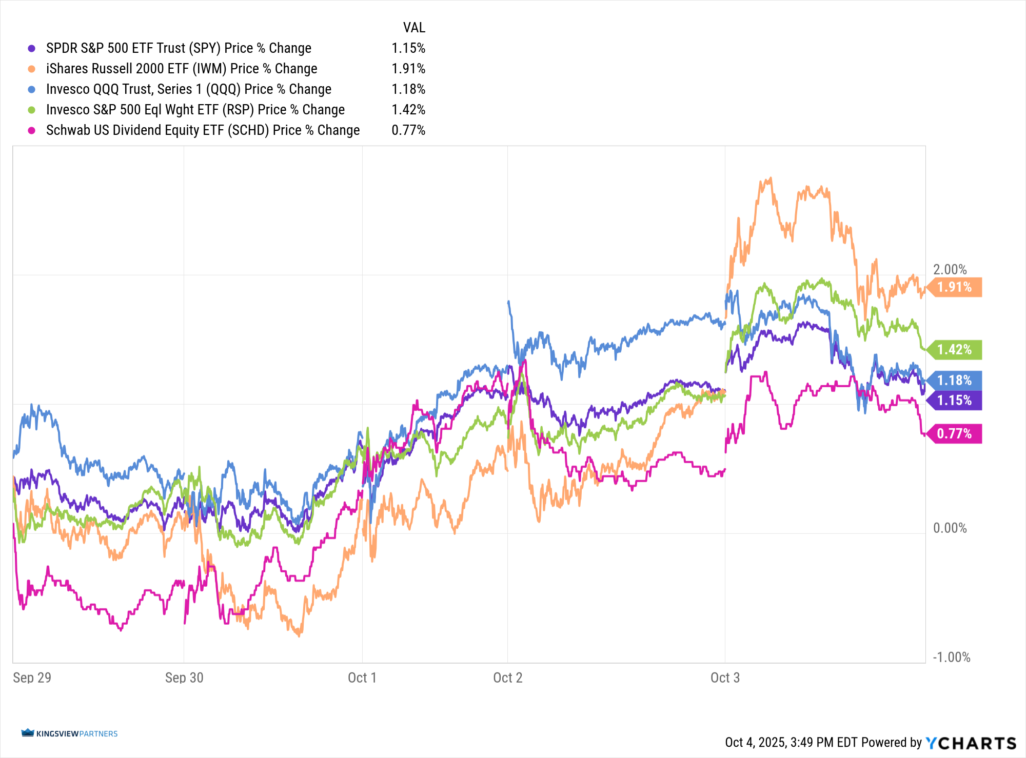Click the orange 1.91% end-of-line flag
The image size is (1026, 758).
click(x=955, y=287)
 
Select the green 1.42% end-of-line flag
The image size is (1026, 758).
click(x=955, y=350)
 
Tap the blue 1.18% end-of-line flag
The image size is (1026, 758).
click(x=955, y=381)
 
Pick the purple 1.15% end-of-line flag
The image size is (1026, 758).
click(x=955, y=401)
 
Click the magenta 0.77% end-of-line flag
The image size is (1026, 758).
click(x=955, y=434)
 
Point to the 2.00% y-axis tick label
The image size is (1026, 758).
click(x=950, y=270)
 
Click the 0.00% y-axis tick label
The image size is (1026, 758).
click(x=950, y=528)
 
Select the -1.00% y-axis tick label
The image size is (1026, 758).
click(x=951, y=657)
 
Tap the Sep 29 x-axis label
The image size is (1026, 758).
click(x=32, y=678)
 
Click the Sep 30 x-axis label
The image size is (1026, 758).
click(x=184, y=678)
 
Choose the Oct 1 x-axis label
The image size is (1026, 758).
click(x=362, y=678)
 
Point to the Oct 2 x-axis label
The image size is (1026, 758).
click(x=507, y=678)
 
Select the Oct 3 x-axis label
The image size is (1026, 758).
click(x=725, y=678)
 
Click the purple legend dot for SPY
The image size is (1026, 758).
click(x=32, y=48)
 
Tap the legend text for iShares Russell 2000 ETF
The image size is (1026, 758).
click(x=182, y=69)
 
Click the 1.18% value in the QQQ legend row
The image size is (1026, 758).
click(x=408, y=89)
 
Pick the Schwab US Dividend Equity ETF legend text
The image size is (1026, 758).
click(x=203, y=130)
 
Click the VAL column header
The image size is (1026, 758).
click(x=414, y=28)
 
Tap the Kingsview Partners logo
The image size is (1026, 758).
click(x=70, y=733)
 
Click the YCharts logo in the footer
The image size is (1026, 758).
click(x=971, y=743)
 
